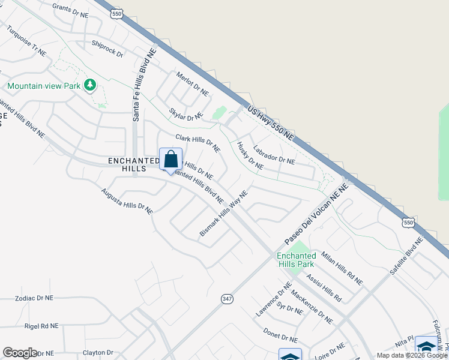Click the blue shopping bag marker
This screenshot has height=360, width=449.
tap(170, 160)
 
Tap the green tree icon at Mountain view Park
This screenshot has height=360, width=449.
tap(90, 85)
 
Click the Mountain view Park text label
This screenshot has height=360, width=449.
tap(44, 86)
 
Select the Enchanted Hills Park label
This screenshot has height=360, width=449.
tap(296, 260)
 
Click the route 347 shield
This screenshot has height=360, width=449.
tap(226, 298)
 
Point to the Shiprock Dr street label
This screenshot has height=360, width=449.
tap(107, 49)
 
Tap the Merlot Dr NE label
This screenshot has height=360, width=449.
tap(192, 84)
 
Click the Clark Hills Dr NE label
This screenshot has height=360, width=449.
tap(197, 143)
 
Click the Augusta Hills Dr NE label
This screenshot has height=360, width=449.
tap(127, 202)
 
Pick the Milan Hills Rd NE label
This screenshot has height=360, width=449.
tap(342, 268)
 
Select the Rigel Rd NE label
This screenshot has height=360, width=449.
tap(41, 326)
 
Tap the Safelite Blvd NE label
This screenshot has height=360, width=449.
tap(406, 256)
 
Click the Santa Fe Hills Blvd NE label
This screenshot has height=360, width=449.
tap(136, 85)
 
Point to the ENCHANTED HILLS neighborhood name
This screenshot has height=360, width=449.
tap(127, 165)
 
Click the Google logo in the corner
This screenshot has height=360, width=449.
tap(20, 353)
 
